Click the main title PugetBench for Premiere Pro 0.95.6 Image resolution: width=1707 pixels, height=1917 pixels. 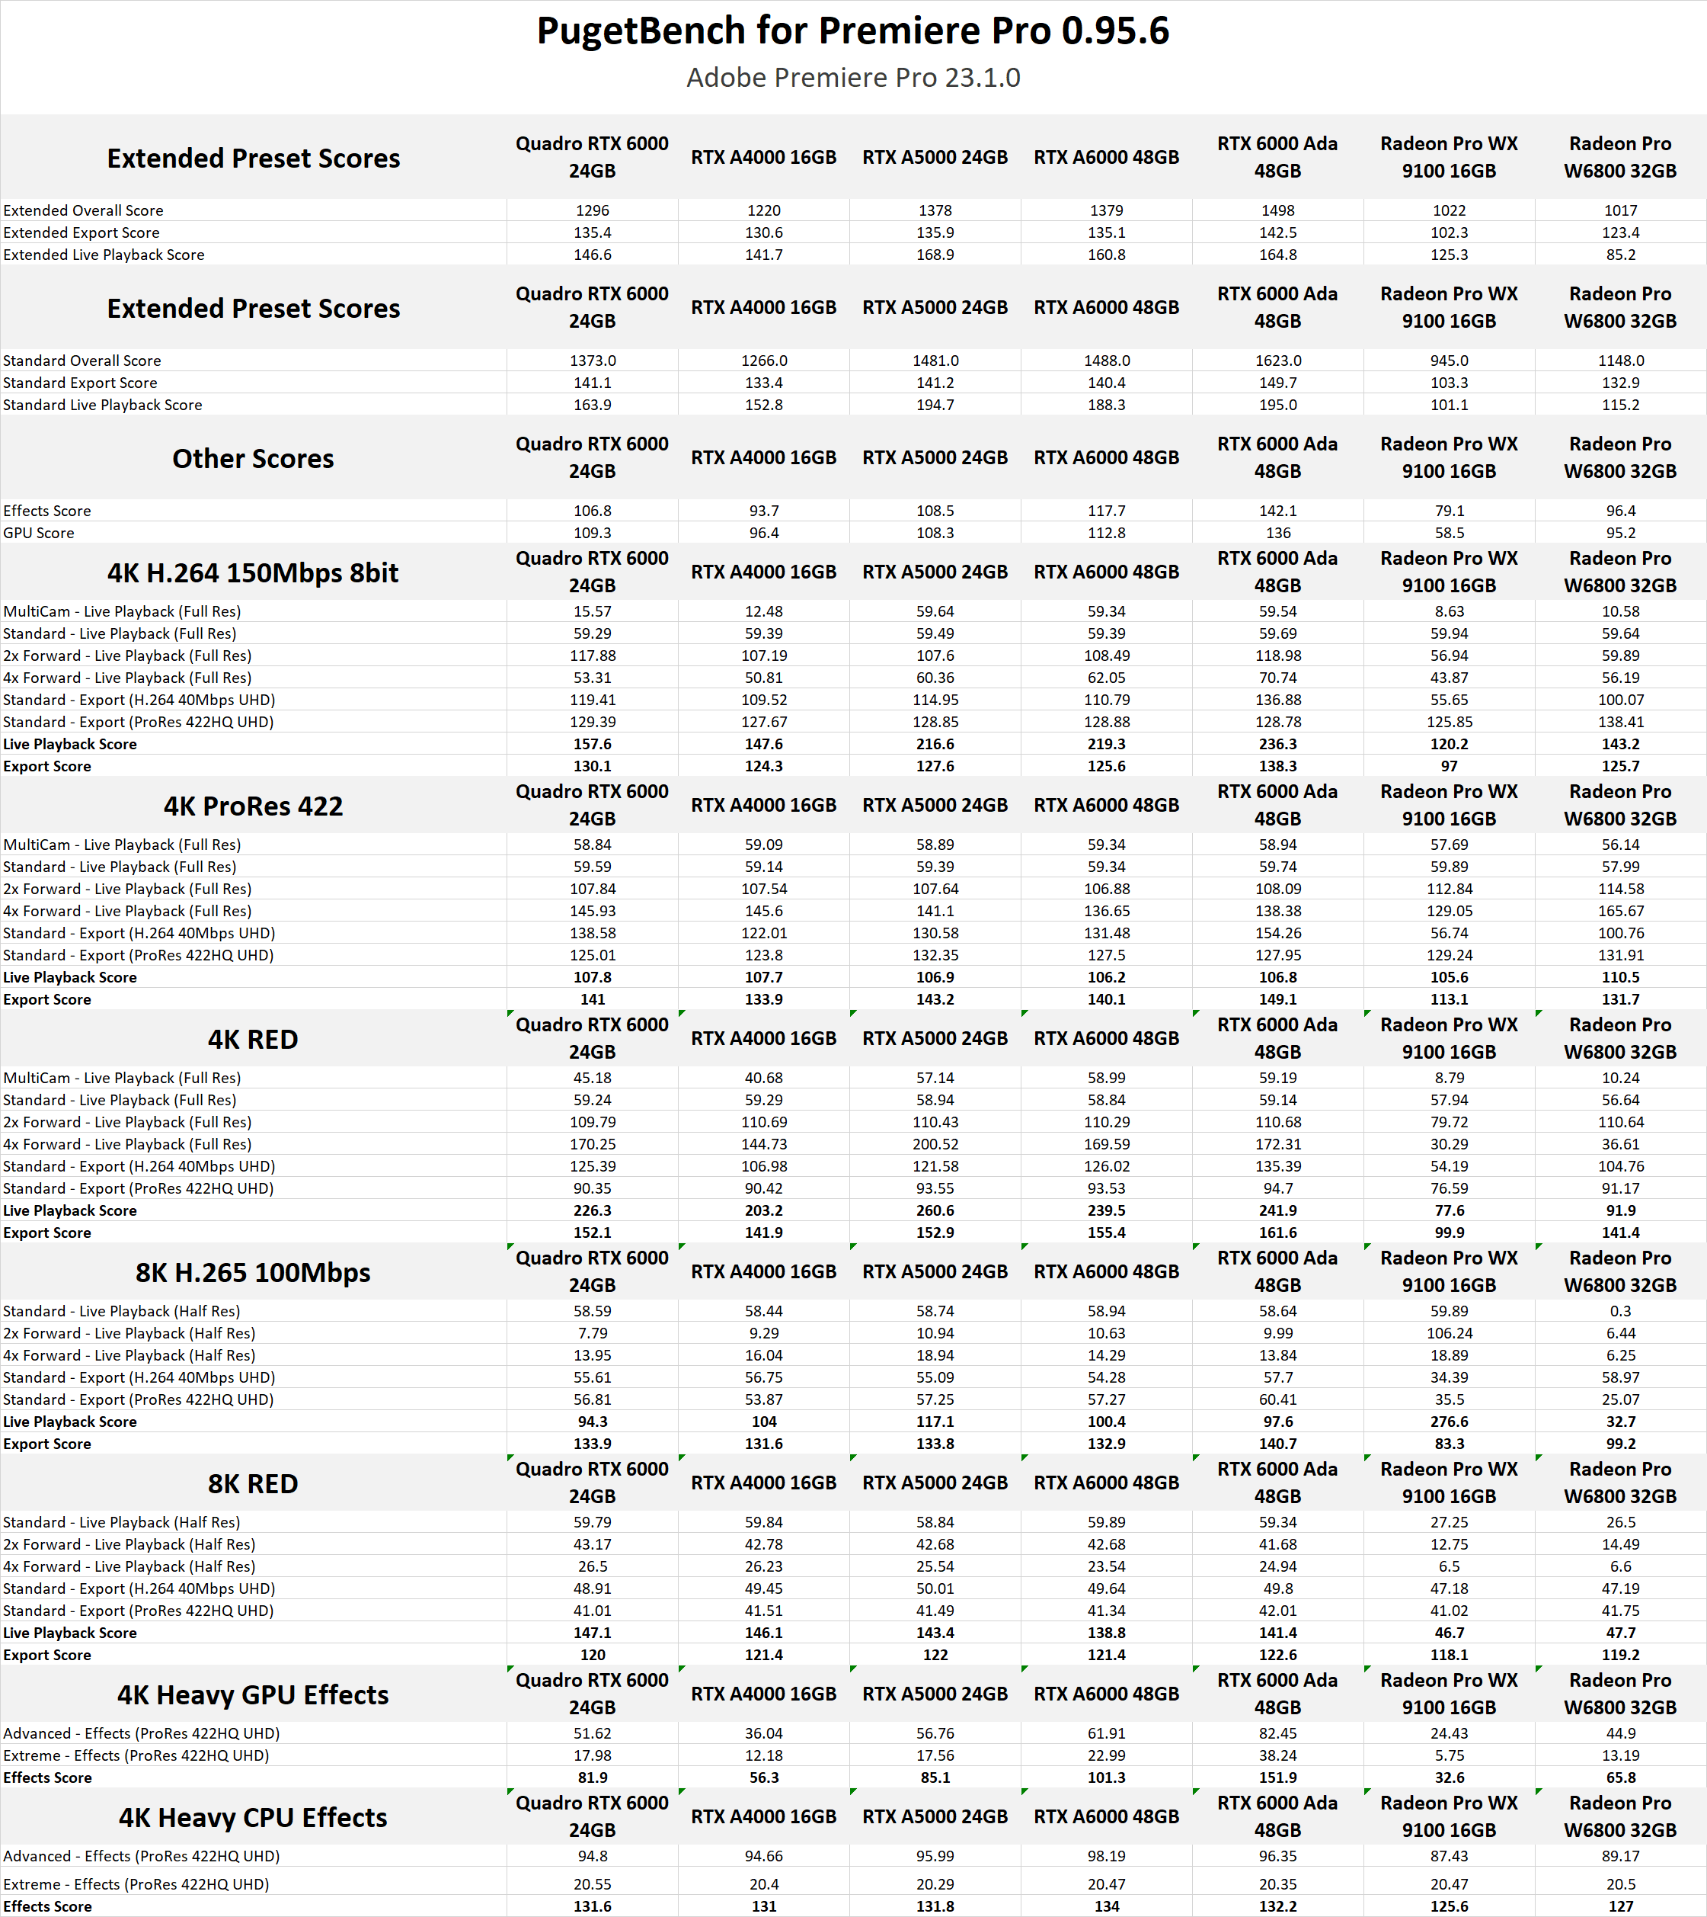click(852, 31)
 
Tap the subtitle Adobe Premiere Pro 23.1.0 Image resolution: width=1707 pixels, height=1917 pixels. click(852, 78)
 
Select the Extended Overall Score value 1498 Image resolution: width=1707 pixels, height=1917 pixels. click(1277, 210)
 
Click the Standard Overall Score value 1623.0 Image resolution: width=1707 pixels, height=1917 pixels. click(1277, 361)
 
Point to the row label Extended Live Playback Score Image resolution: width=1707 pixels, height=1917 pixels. click(104, 255)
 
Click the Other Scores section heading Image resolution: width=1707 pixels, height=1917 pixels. click(253, 459)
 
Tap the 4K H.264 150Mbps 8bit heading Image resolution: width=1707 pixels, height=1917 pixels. click(253, 572)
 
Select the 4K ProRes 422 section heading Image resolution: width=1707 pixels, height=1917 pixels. click(253, 806)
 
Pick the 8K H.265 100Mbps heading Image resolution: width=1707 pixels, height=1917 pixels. click(253, 1272)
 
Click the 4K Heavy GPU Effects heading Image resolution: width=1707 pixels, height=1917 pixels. click(253, 1694)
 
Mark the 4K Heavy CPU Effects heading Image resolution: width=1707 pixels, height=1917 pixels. click(253, 1818)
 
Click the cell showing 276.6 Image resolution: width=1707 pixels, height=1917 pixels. click(1449, 1422)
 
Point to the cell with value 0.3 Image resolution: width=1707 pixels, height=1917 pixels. click(1619, 1311)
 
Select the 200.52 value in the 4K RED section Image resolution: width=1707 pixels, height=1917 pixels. click(935, 1144)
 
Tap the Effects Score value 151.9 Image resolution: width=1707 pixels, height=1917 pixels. click(1277, 1778)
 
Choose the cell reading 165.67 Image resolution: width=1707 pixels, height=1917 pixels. click(1619, 911)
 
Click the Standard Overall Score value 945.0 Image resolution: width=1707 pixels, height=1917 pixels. click(1449, 361)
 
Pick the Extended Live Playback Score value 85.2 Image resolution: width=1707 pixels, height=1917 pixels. click(1619, 255)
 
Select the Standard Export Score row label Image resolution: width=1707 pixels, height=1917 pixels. click(81, 383)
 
